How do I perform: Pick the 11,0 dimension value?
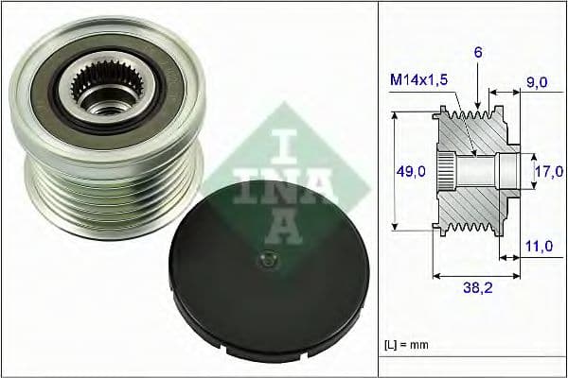point(538,245)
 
